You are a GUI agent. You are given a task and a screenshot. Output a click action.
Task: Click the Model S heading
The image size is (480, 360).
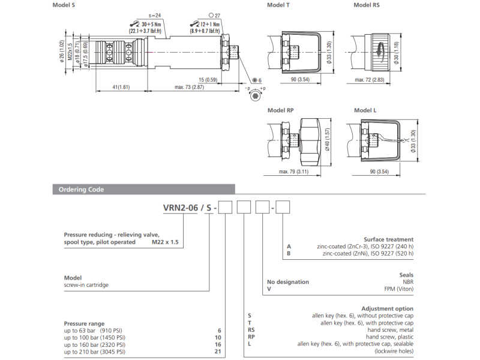click(x=64, y=5)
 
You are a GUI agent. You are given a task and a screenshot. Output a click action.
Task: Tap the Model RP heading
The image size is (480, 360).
click(x=280, y=110)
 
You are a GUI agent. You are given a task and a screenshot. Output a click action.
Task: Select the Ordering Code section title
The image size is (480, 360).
click(x=81, y=190)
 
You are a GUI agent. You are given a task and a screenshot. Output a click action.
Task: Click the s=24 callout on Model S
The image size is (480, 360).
click(x=155, y=16)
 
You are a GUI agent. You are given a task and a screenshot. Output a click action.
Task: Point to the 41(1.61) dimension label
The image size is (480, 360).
click(x=121, y=87)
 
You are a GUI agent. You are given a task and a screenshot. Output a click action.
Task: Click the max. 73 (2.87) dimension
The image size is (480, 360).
click(x=189, y=87)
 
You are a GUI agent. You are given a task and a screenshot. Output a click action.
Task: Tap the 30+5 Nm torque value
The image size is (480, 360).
click(x=151, y=24)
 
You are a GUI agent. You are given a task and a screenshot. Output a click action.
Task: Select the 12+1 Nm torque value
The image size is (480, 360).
click(x=210, y=24)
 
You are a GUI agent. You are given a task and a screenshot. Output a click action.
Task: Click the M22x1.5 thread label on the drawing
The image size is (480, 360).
click(x=70, y=52)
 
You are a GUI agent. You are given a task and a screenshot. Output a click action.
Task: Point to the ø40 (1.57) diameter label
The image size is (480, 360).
click(x=327, y=139)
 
